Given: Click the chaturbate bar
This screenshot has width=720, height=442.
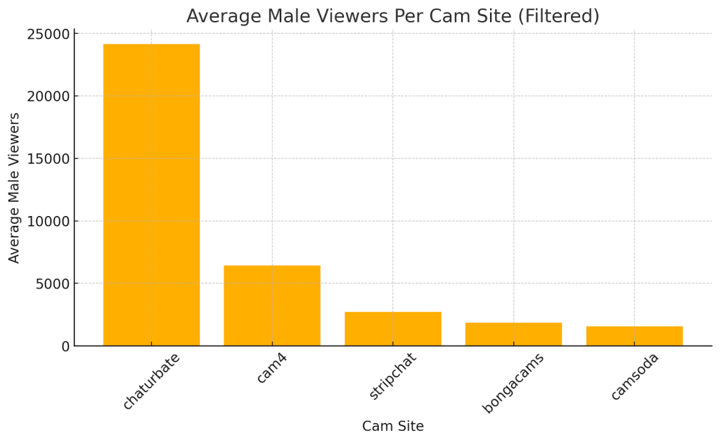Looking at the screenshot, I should tap(151, 195).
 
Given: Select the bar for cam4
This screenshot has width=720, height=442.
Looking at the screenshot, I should tap(272, 305).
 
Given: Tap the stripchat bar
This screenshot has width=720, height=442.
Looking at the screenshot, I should tap(392, 329).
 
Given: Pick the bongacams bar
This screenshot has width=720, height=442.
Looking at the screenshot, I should tap(513, 334).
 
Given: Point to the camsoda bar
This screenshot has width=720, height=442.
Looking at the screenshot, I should tap(634, 336).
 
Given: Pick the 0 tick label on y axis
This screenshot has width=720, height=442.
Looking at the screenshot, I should tap(65, 346).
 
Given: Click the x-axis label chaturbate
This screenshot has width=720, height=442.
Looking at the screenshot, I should tap(151, 381).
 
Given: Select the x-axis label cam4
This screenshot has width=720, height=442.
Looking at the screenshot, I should tap(271, 368).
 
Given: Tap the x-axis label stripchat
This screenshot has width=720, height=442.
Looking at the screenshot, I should tap(393, 377).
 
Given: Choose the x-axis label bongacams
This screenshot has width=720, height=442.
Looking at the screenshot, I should tap(513, 383).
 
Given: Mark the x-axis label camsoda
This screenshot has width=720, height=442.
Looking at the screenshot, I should tap(634, 377).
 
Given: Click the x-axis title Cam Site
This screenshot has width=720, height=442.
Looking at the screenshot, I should tap(392, 427).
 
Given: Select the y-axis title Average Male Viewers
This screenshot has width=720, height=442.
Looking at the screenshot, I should tap(15, 188).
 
